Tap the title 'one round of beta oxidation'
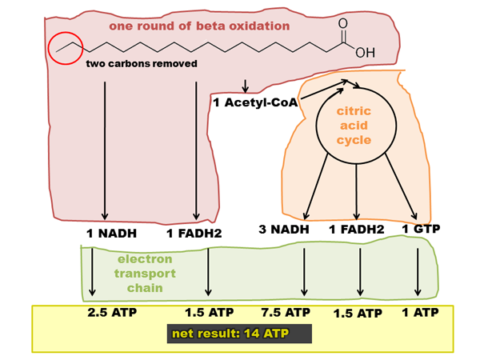tap(199, 26)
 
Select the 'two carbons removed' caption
tap(142, 64)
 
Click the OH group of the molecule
tap(366, 53)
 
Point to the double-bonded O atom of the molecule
tap(343, 23)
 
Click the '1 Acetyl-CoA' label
tap(255, 102)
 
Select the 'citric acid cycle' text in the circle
tap(354, 126)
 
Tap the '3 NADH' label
tap(284, 230)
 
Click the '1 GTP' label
tap(421, 229)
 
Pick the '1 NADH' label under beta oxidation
tap(111, 234)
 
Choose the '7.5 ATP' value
tap(286, 313)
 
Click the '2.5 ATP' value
tap(112, 313)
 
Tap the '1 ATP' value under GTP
tap(420, 313)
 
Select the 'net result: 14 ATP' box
tap(239, 334)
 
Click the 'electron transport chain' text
tap(145, 274)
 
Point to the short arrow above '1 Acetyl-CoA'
tap(245, 86)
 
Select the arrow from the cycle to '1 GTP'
tap(401, 186)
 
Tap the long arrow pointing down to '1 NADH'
tap(105, 150)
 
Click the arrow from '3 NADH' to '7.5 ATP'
tap(304, 272)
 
